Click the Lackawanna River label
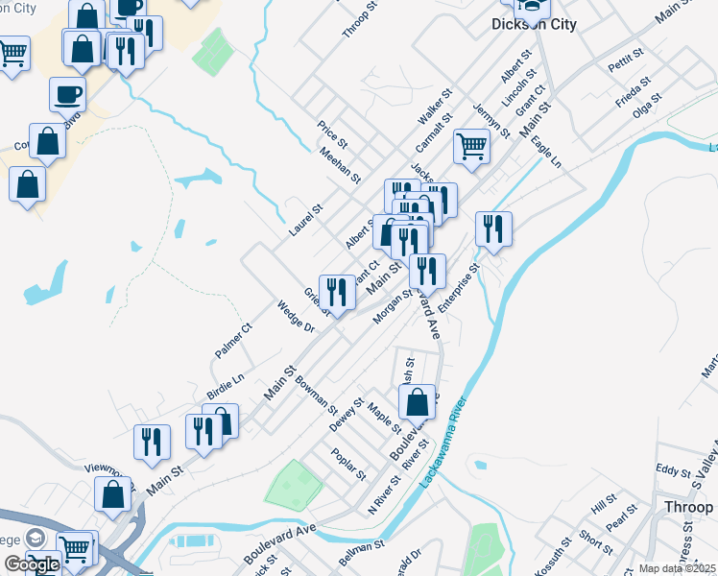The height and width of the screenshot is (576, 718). pyautogui.click(x=441, y=443)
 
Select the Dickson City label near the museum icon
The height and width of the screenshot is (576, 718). pyautogui.click(x=534, y=24)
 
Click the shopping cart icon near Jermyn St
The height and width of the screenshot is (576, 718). pyautogui.click(x=471, y=146)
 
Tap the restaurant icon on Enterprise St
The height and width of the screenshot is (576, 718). pyautogui.click(x=493, y=229)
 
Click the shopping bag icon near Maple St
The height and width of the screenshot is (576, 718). pyautogui.click(x=417, y=401)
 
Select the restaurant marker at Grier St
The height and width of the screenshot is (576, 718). pyautogui.click(x=337, y=291)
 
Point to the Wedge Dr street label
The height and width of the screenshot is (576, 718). pyautogui.click(x=296, y=316)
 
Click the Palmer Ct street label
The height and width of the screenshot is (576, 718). pyautogui.click(x=233, y=341)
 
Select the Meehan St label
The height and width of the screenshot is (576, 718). pyautogui.click(x=340, y=165)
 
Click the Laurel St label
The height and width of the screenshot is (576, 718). pyautogui.click(x=306, y=221)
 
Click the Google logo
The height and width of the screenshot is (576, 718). pyautogui.click(x=32, y=564)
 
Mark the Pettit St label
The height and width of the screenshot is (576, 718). pyautogui.click(x=629, y=60)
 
